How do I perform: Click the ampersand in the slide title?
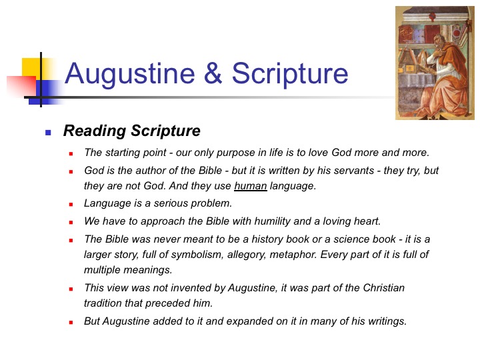pyautogui.click(x=213, y=73)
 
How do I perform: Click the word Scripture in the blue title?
pyautogui.click(x=290, y=74)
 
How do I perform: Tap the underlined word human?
pyautogui.click(x=251, y=186)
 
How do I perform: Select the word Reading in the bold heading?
pyautogui.click(x=94, y=131)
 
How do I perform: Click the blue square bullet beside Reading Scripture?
pyautogui.click(x=48, y=133)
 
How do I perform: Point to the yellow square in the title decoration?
pyautogui.click(x=31, y=67)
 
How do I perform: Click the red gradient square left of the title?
pyautogui.click(x=21, y=86)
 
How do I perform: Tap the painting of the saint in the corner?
pyautogui.click(x=435, y=63)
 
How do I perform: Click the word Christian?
pyautogui.click(x=383, y=288)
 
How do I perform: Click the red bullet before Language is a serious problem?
pyautogui.click(x=71, y=204)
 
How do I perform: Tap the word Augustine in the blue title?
pyautogui.click(x=130, y=74)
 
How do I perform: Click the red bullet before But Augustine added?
pyautogui.click(x=71, y=322)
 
